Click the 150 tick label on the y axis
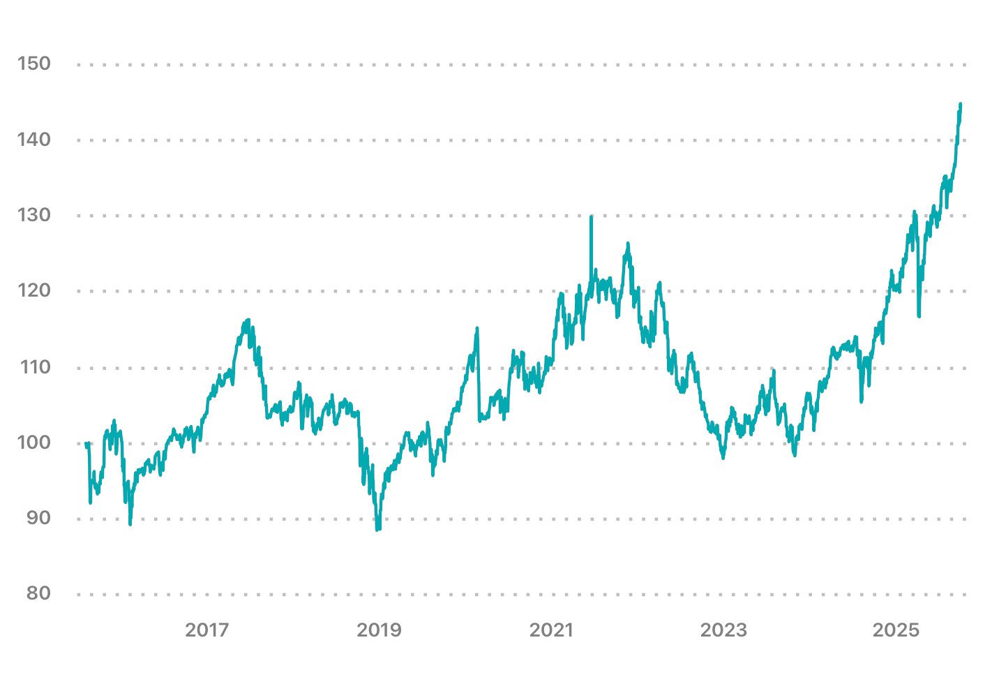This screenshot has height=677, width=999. tap(34, 64)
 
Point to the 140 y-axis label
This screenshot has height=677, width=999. tap(34, 140)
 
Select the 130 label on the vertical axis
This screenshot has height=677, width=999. tap(34, 215)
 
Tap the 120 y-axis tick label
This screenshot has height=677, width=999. tap(34, 290)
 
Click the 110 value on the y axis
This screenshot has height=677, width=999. tap(34, 366)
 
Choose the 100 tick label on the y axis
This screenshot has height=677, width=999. tap(34, 442)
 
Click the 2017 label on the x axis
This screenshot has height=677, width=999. tap(206, 630)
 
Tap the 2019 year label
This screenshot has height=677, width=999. tap(379, 630)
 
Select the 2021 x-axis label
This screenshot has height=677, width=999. tap(551, 630)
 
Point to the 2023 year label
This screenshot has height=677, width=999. tap(723, 630)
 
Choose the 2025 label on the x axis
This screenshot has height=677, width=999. tap(896, 630)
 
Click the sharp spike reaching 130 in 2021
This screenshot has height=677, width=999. tap(591, 217)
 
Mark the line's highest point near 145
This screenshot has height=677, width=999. tap(960, 104)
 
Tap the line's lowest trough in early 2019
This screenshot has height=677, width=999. tap(377, 529)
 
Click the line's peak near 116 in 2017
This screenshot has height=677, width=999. tap(248, 320)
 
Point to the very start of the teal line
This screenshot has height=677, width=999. tap(86, 443)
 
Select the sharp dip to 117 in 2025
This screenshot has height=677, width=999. tap(919, 315)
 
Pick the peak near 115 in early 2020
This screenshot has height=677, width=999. tap(477, 328)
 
